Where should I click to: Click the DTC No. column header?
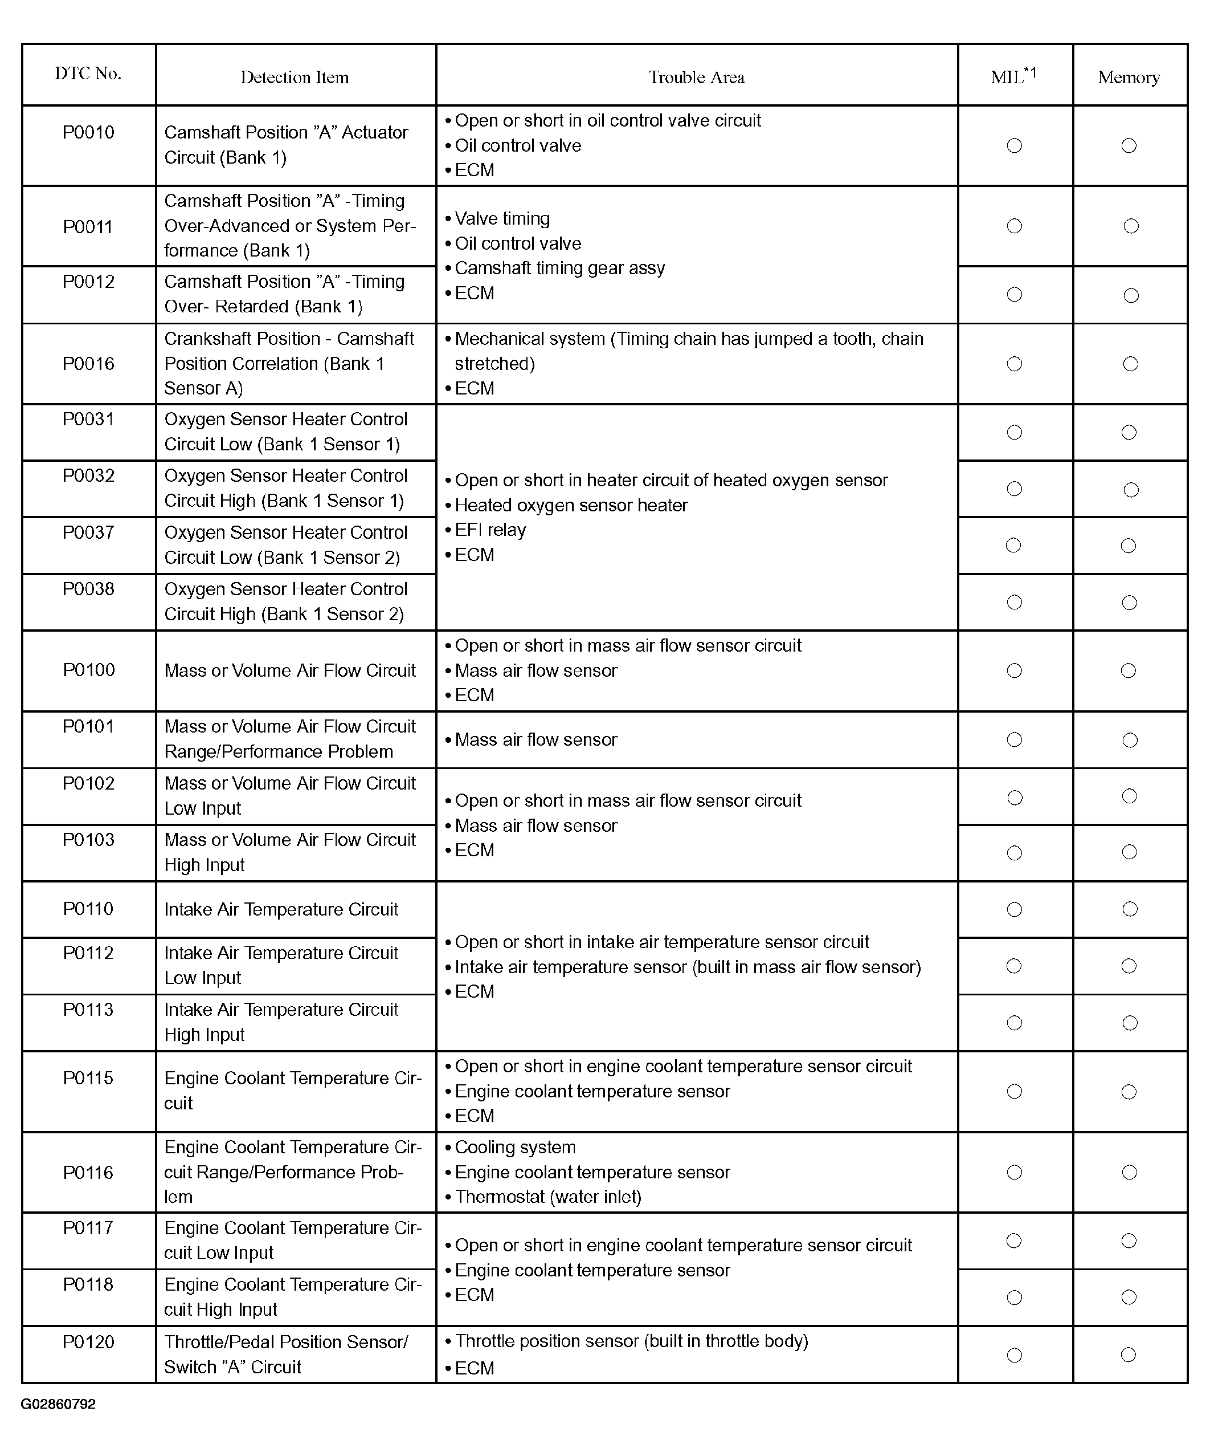click(88, 74)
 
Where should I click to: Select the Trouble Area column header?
click(697, 78)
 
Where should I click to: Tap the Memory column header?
click(1129, 78)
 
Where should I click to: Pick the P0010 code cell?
click(88, 132)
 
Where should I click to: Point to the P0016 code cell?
click(88, 364)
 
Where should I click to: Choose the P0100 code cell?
click(88, 670)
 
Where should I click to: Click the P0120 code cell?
click(88, 1342)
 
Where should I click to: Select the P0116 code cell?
click(88, 1173)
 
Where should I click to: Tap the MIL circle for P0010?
click(1014, 145)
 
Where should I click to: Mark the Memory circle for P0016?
click(1130, 364)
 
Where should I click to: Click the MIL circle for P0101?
click(1014, 740)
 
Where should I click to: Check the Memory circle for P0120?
click(1129, 1355)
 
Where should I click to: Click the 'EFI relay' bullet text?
click(490, 530)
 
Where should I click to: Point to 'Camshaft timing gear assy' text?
click(560, 269)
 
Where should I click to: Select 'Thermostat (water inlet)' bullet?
click(548, 1197)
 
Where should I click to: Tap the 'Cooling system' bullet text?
click(515, 1147)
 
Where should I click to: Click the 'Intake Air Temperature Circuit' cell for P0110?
click(281, 909)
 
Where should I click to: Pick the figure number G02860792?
click(58, 1404)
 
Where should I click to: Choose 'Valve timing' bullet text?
click(502, 218)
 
